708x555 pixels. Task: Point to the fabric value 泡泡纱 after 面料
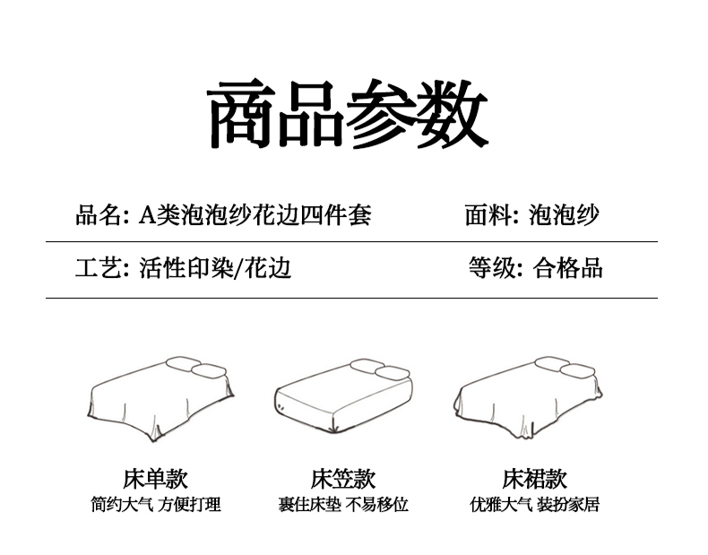(x=564, y=215)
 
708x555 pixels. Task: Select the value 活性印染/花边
(x=215, y=267)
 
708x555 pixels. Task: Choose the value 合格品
(x=567, y=267)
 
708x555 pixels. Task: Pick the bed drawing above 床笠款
(x=342, y=398)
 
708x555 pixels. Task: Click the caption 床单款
(x=155, y=478)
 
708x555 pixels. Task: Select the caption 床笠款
(x=342, y=478)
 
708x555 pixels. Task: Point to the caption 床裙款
(x=534, y=478)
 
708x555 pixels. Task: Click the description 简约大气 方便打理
(x=155, y=505)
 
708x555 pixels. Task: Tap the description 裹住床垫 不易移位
(x=342, y=505)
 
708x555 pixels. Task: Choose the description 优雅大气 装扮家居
(x=534, y=505)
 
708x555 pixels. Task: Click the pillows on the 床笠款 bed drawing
(x=380, y=368)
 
